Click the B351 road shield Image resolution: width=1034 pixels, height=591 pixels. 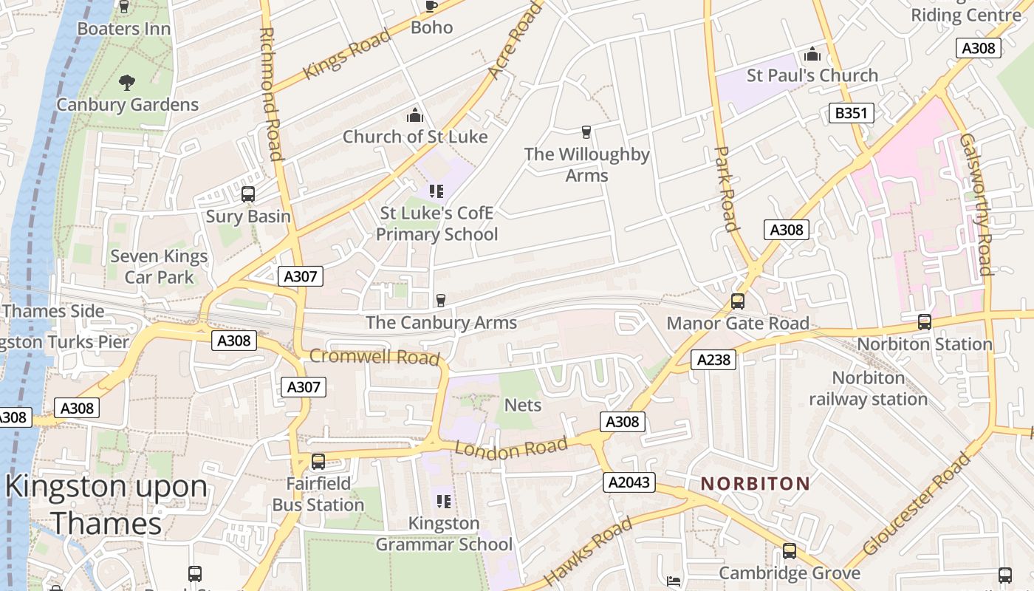coord(852,113)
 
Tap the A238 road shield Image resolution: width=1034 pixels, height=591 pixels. coord(713,360)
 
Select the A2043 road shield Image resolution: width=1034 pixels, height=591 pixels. coord(629,482)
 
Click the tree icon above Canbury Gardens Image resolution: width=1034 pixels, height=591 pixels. coord(127,82)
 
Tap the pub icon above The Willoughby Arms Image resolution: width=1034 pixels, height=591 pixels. coord(586,132)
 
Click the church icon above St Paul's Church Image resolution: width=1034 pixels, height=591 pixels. coord(812,54)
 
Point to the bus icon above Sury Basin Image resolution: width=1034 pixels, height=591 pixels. coord(248,194)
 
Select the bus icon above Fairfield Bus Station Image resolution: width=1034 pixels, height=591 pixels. coord(318,462)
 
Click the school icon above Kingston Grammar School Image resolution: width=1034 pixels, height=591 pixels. coord(443,502)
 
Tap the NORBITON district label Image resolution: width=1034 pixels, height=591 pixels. coord(755,484)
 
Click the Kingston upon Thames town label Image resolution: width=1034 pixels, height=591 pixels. coord(107,505)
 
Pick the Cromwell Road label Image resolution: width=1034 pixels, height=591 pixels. coord(374,357)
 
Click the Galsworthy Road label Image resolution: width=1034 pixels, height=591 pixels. coord(976,205)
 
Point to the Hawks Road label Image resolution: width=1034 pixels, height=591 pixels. coord(589,550)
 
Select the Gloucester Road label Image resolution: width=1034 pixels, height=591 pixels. coord(916,505)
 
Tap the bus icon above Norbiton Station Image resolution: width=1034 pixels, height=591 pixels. coord(924,322)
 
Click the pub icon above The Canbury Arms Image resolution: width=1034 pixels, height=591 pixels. coord(441,300)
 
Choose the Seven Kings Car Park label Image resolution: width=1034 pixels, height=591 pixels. coord(159,267)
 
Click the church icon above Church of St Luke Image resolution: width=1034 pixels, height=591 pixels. coord(415,115)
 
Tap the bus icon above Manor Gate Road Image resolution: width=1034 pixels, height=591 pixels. coord(737,301)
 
